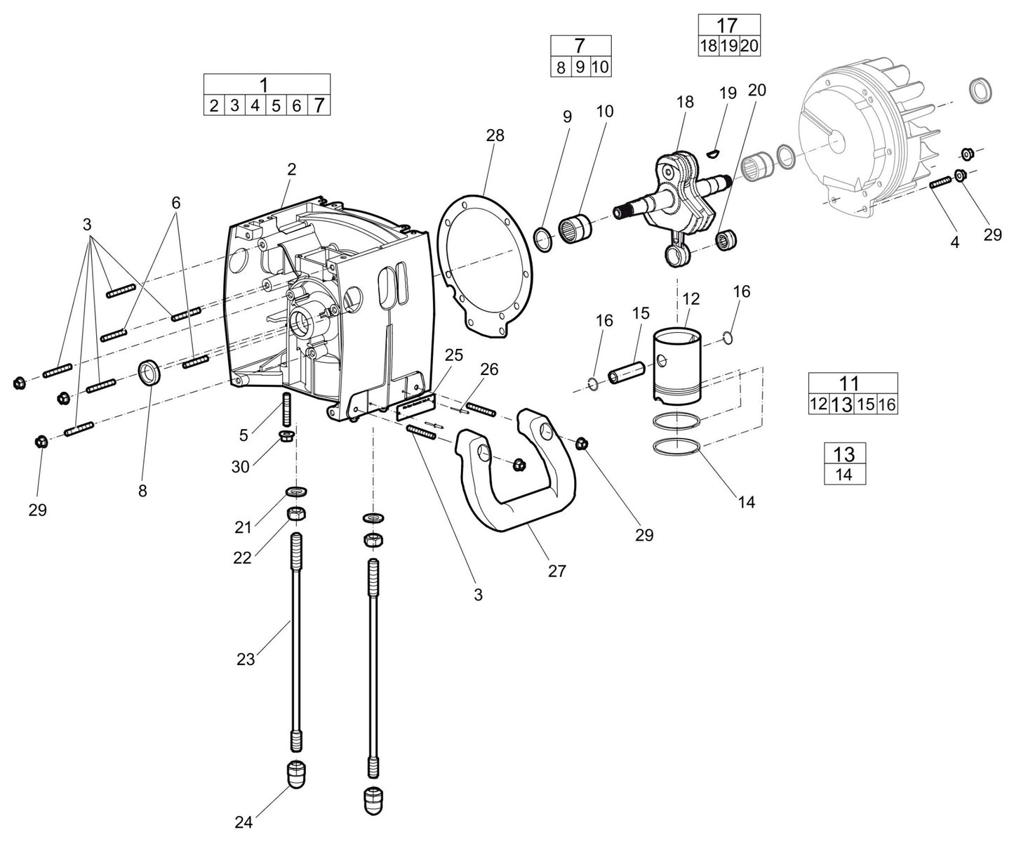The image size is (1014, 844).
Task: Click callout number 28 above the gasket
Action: click(495, 136)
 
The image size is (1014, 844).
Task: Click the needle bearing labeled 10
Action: click(576, 228)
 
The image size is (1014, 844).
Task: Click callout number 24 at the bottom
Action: click(244, 822)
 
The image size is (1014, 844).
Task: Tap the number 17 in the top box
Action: click(728, 25)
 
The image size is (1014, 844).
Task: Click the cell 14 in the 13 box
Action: click(844, 474)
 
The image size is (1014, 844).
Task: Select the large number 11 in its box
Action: click(849, 383)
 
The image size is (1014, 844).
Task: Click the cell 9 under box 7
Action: click(580, 67)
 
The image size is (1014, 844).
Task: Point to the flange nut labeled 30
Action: click(287, 437)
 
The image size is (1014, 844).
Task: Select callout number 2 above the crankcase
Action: click(291, 169)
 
